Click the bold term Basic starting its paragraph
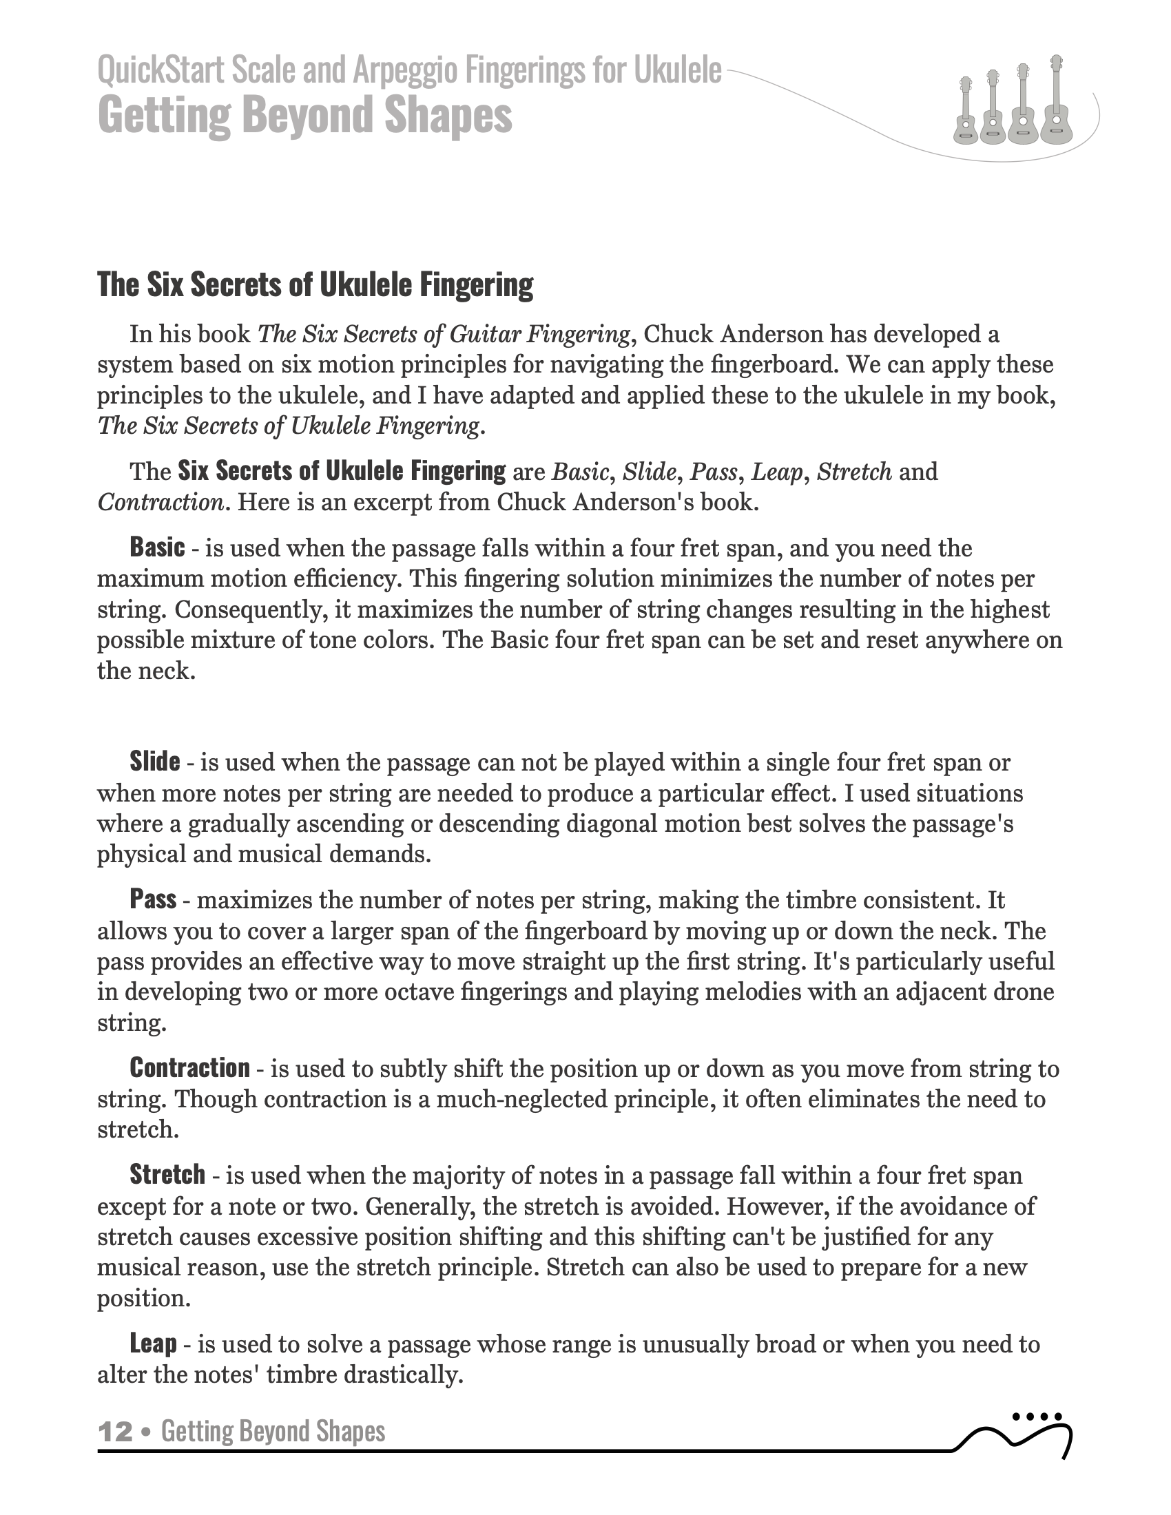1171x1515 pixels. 158,548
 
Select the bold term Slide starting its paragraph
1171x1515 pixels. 155,762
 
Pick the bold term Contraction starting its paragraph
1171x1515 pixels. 189,1067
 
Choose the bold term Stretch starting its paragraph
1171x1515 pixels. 167,1174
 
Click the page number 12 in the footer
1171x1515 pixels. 115,1431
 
